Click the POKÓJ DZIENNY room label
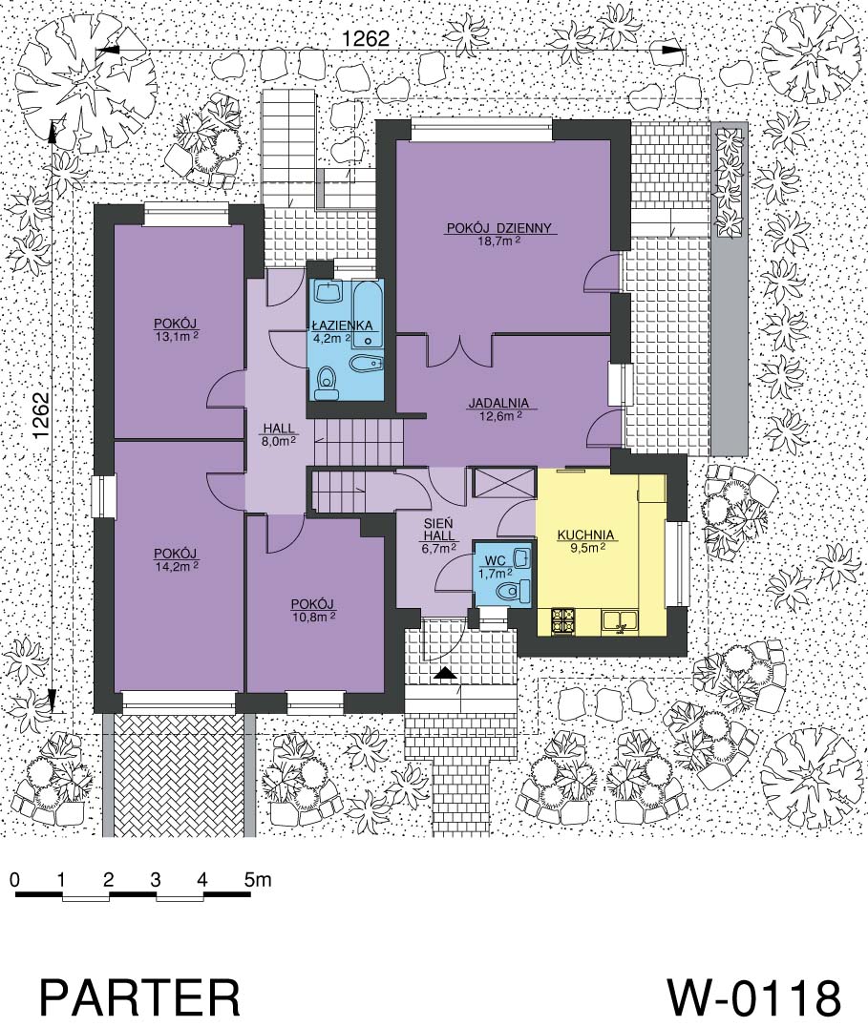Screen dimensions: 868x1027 (499, 228)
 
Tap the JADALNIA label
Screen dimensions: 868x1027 (498, 404)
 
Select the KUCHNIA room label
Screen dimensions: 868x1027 (585, 535)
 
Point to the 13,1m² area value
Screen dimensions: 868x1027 (176, 335)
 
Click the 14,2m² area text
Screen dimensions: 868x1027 (177, 565)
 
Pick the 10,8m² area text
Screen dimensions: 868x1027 (313, 617)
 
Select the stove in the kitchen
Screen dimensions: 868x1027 (563, 621)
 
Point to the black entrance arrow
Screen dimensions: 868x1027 (445, 673)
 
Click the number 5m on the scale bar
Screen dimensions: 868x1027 (258, 879)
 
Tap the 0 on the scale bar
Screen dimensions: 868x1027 (15, 879)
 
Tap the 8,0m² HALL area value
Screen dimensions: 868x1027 (280, 442)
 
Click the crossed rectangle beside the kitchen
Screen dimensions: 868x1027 (503, 483)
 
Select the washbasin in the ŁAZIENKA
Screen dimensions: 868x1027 (328, 292)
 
